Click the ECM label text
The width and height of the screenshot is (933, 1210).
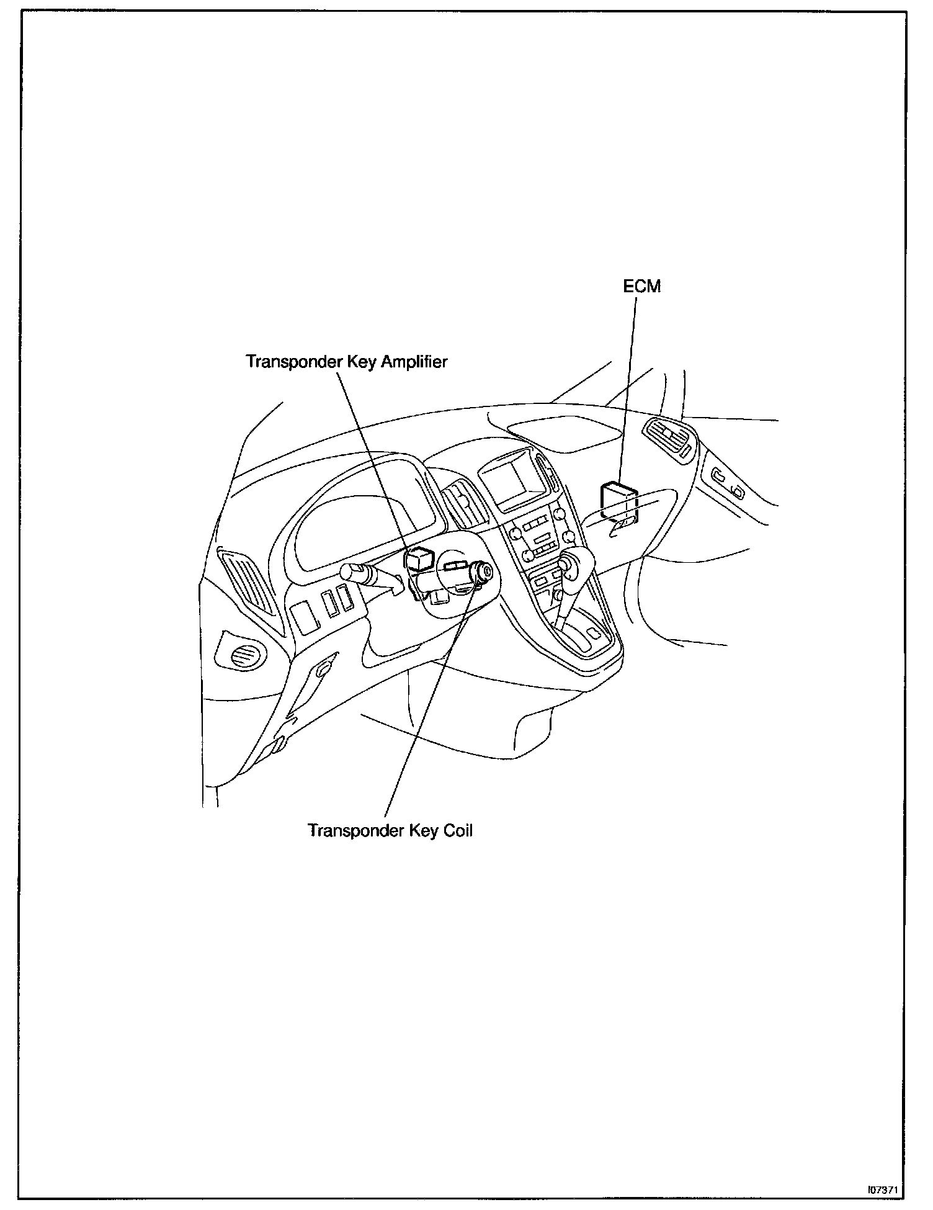coord(642,287)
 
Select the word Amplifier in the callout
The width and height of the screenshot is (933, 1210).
coord(414,362)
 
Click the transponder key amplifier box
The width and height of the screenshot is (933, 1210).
coord(418,559)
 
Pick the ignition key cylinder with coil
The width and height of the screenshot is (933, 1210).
coord(481,571)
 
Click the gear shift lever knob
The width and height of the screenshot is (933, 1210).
coord(569,563)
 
